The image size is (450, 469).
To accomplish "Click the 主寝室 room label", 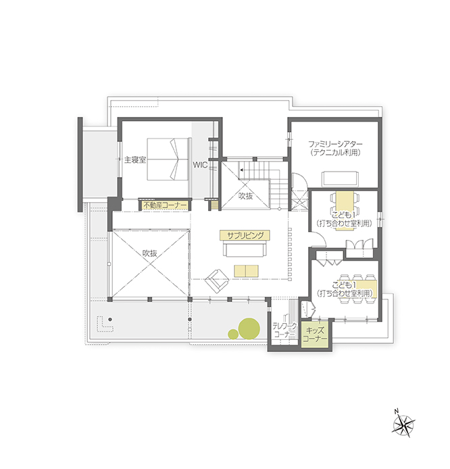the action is pyautogui.click(x=135, y=159).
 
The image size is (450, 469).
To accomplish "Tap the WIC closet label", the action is pyautogui.click(x=200, y=165).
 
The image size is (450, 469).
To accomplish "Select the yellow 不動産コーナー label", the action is pyautogui.click(x=165, y=205).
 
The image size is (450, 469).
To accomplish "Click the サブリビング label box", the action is pyautogui.click(x=245, y=235).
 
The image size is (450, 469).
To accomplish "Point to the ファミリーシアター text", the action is pyautogui.click(x=335, y=144).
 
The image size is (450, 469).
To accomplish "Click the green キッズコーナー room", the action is pyautogui.click(x=315, y=335).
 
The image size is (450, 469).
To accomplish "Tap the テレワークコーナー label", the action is pyautogui.click(x=284, y=330).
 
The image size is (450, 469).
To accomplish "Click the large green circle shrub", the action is pyautogui.click(x=249, y=328).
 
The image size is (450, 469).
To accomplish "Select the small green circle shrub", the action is pyautogui.click(x=233, y=334).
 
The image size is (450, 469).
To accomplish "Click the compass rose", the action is pyautogui.click(x=403, y=424).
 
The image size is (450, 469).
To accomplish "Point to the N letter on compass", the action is pyautogui.click(x=397, y=412).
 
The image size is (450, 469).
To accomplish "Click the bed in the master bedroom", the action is pyautogui.click(x=169, y=159).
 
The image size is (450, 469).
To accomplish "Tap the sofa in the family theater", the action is pyautogui.click(x=339, y=179).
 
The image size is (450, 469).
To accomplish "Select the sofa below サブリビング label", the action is pyautogui.click(x=245, y=249).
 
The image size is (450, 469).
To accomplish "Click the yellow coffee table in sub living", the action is pyautogui.click(x=246, y=271).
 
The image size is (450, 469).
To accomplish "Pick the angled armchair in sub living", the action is pyautogui.click(x=217, y=281).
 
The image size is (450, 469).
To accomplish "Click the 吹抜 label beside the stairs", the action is pyautogui.click(x=246, y=196).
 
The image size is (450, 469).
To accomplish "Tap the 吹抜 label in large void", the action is pyautogui.click(x=149, y=253).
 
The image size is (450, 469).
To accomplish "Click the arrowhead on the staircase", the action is pyautogui.click(x=241, y=170).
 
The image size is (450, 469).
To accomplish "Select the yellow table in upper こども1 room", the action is pyautogui.click(x=345, y=211).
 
